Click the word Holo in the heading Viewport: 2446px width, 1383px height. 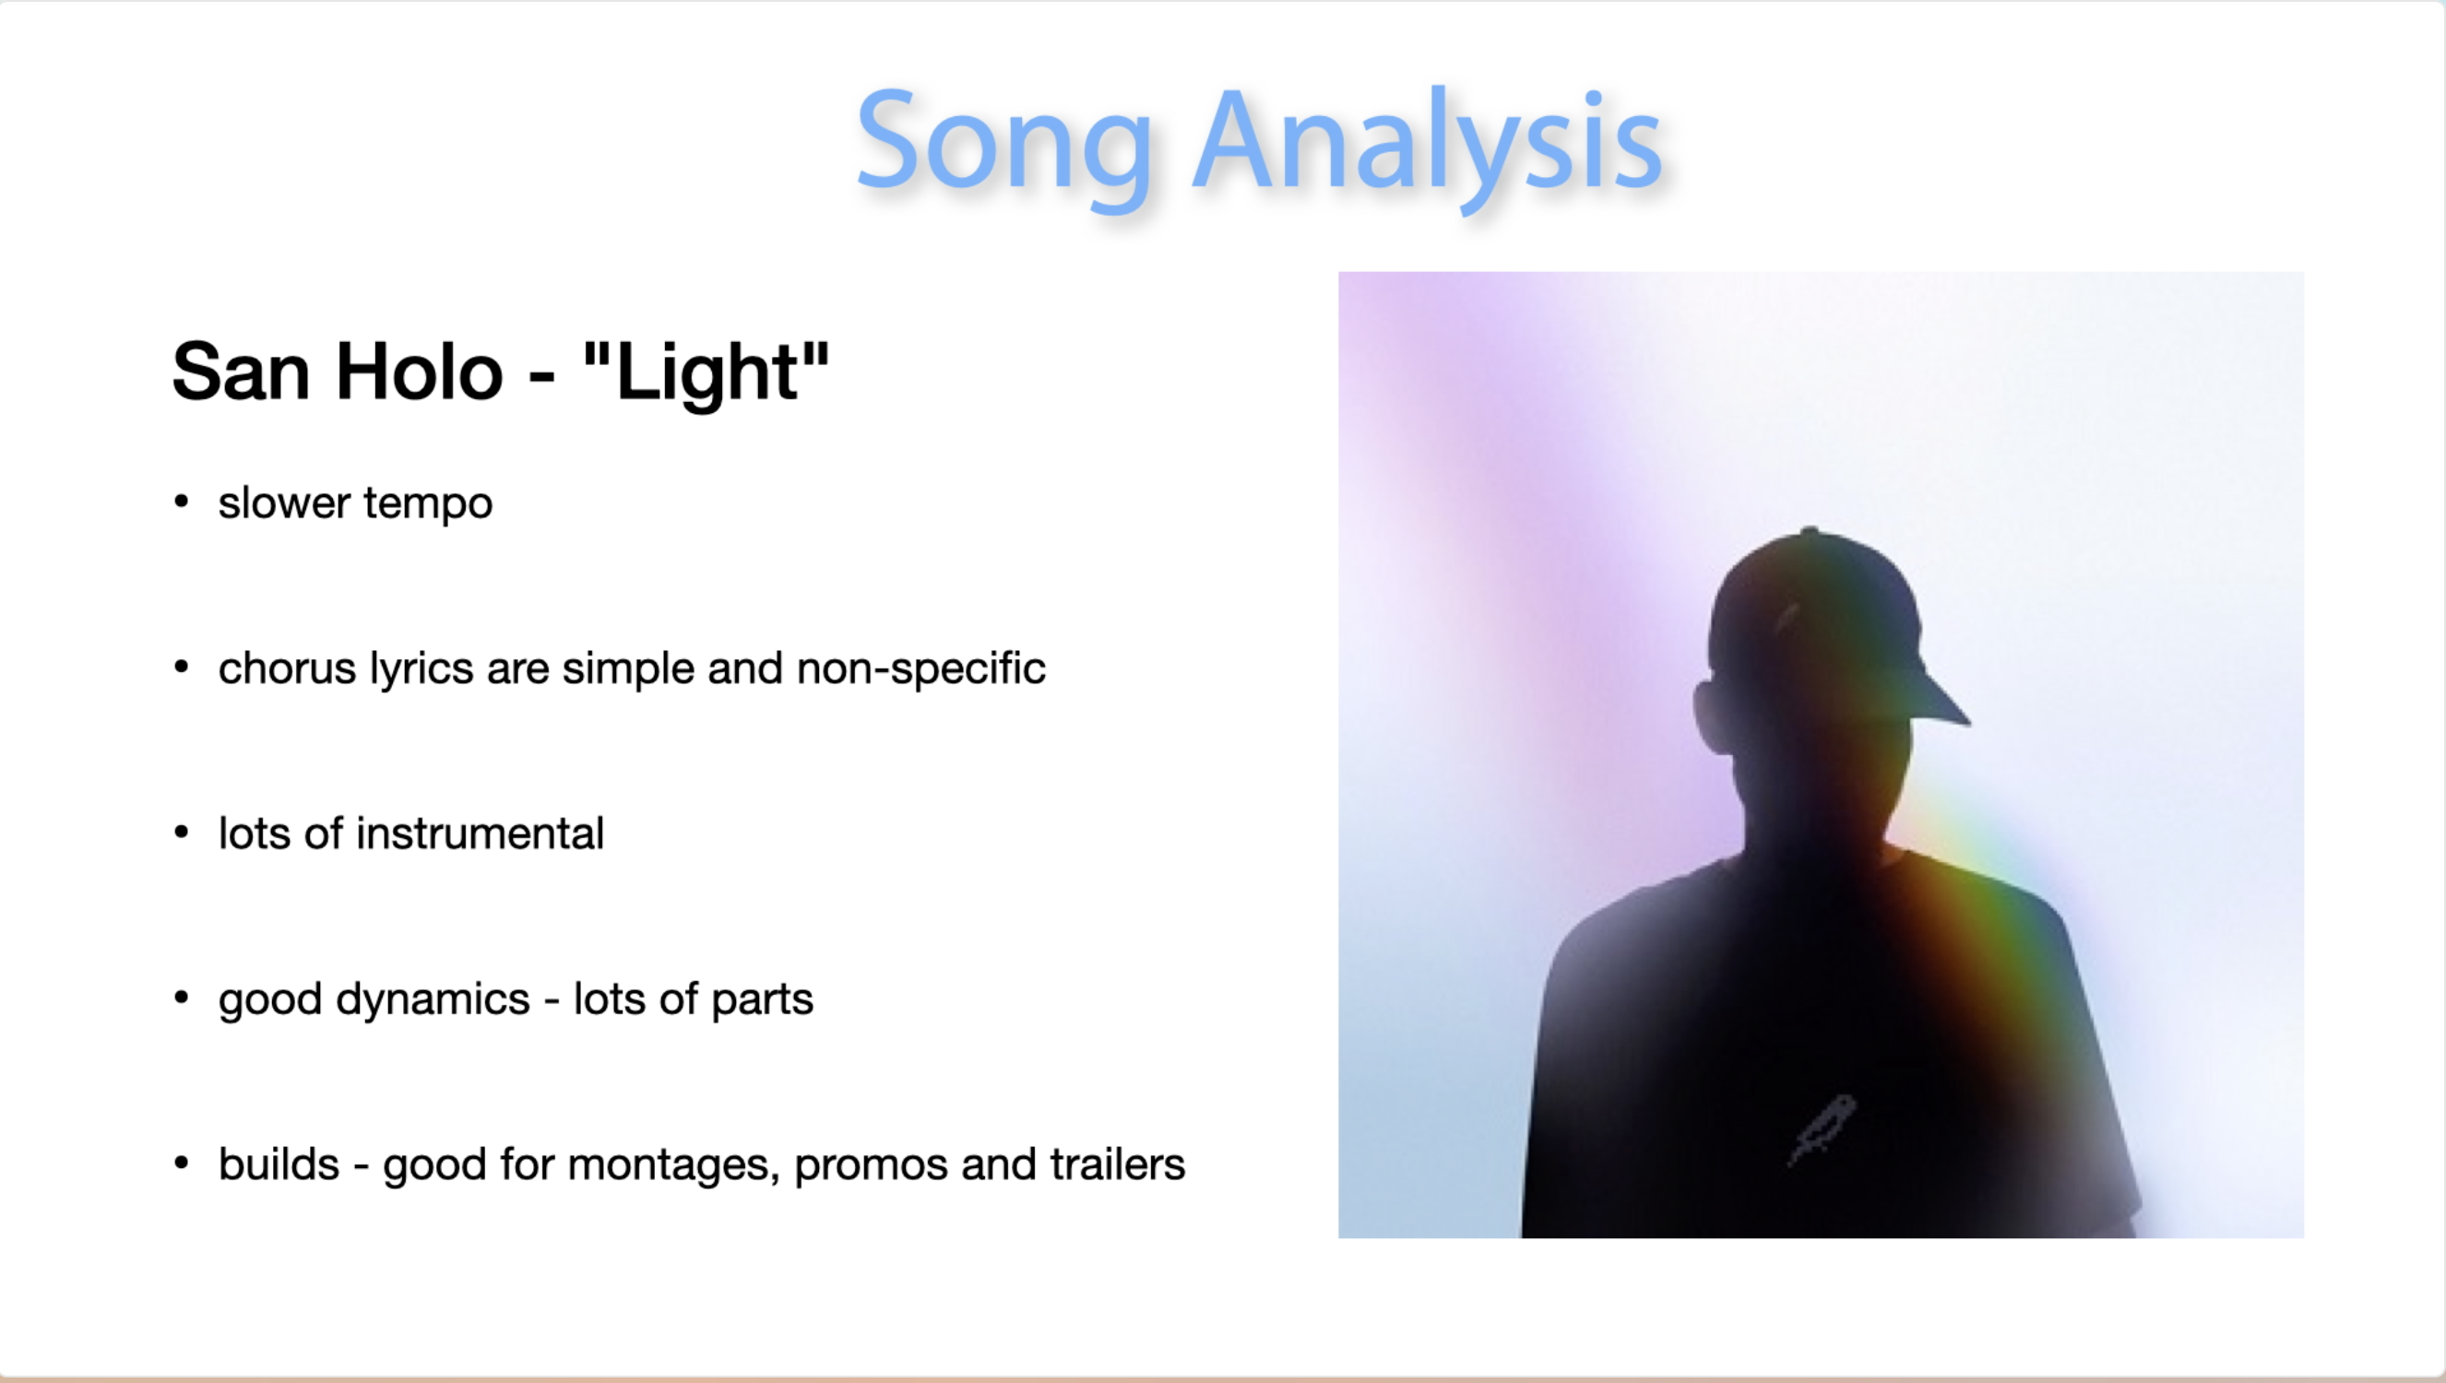tap(419, 372)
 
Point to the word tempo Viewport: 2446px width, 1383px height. tap(427, 503)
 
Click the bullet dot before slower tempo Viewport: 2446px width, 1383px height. tap(182, 502)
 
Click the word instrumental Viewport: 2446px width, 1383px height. tap(480, 833)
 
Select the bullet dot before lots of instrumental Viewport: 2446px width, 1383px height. tap(182, 832)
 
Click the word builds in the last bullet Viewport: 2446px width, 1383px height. tap(279, 1164)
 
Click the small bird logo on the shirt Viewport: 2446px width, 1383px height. tap(1822, 1130)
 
